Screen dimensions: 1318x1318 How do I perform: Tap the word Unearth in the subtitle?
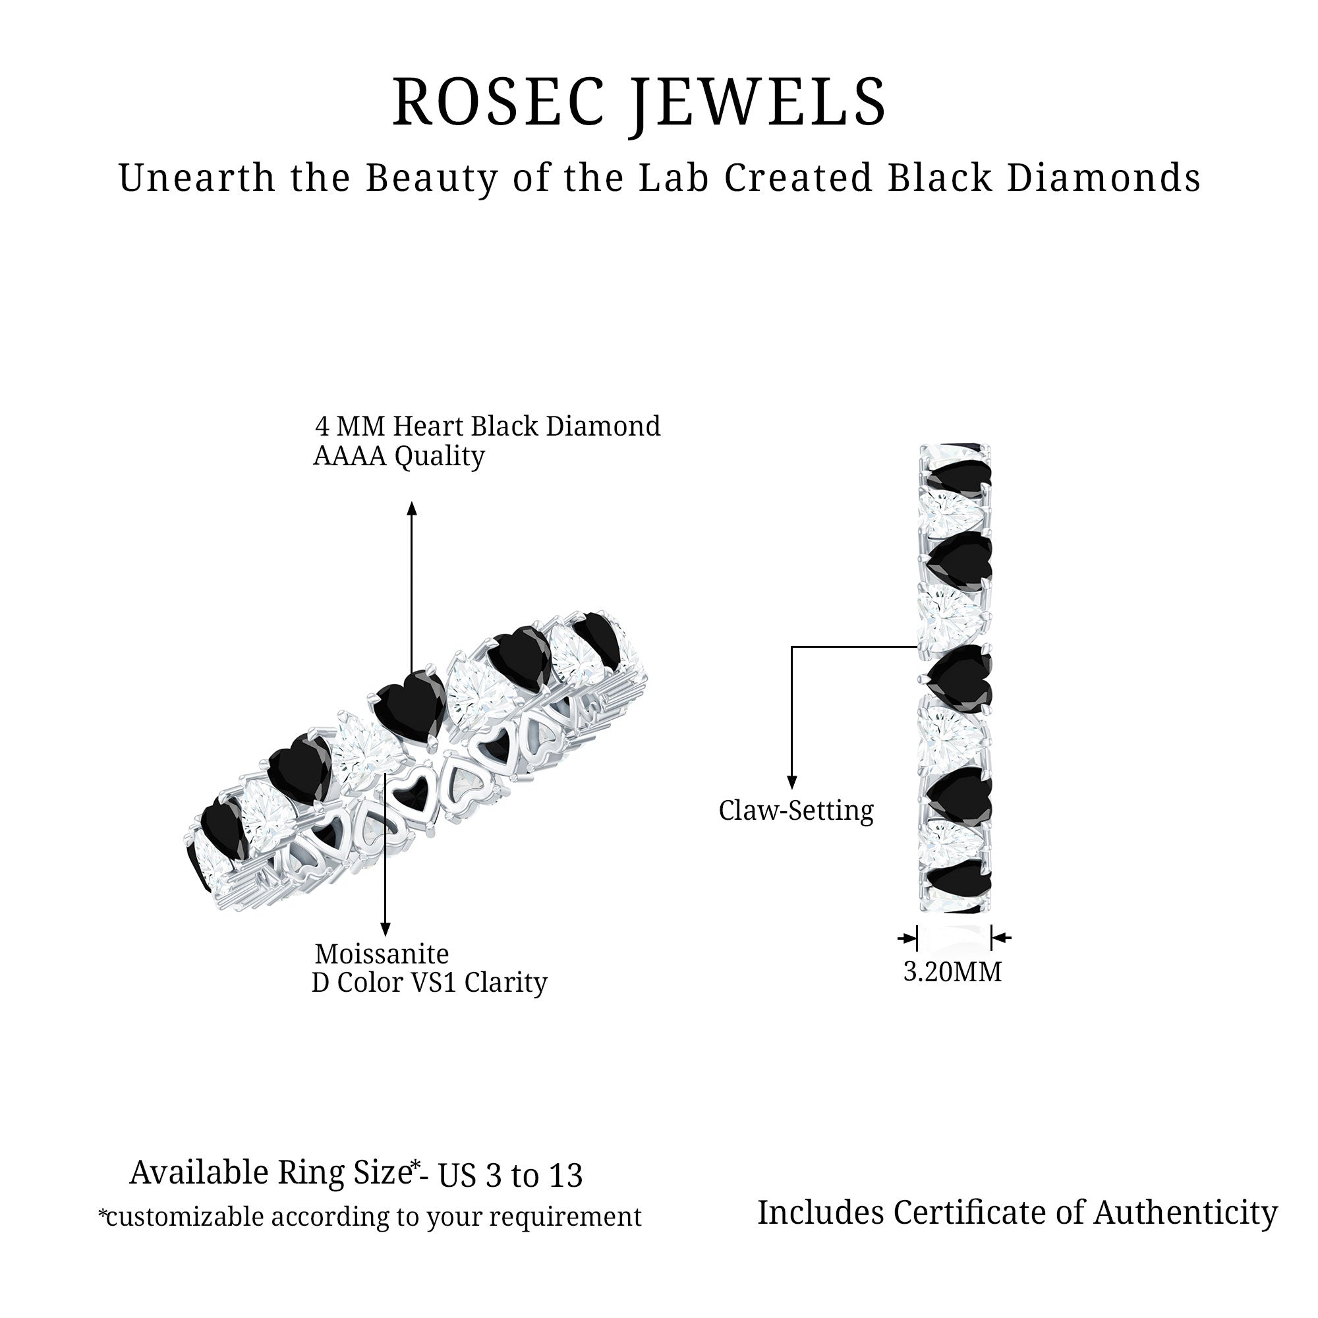[x=196, y=179]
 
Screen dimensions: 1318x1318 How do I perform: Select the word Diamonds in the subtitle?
[x=1103, y=179]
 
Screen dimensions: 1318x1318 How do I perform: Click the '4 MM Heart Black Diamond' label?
[x=488, y=426]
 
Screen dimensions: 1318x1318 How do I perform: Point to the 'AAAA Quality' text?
[x=399, y=456]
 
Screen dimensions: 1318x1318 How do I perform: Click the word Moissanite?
[x=382, y=953]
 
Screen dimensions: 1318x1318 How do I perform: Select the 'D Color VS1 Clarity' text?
[x=430, y=983]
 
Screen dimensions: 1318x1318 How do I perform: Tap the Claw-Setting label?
[x=796, y=811]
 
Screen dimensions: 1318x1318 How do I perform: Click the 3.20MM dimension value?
[x=952, y=971]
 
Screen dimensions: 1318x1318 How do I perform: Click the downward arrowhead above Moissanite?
[x=386, y=930]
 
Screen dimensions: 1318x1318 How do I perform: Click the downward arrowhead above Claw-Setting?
[x=792, y=783]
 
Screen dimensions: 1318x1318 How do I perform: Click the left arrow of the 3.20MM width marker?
[x=908, y=938]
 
